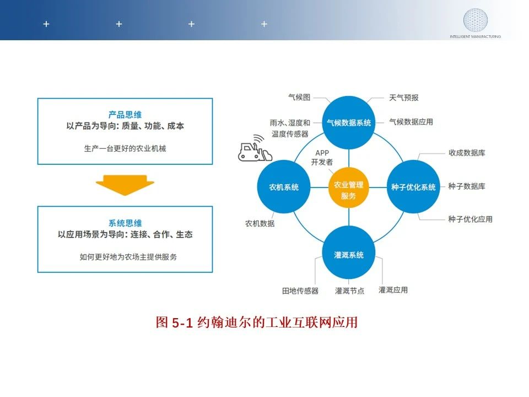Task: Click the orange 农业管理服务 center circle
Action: (348, 187)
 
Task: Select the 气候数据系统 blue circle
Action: (349, 122)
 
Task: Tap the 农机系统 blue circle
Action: (284, 187)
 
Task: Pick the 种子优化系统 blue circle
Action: (413, 187)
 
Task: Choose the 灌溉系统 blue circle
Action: (349, 253)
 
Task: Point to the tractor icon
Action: (255, 148)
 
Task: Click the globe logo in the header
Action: (475, 20)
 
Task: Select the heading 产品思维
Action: (125, 115)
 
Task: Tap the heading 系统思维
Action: (125, 223)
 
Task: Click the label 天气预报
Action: (403, 98)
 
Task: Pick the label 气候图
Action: (299, 97)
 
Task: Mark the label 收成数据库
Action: (467, 153)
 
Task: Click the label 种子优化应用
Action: (470, 219)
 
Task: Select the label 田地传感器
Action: (300, 291)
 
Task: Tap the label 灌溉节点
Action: (349, 291)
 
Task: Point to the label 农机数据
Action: (260, 223)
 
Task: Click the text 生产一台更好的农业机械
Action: (125, 148)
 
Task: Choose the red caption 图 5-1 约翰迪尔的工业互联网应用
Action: (256, 323)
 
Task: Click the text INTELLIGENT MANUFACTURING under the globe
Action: (475, 36)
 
